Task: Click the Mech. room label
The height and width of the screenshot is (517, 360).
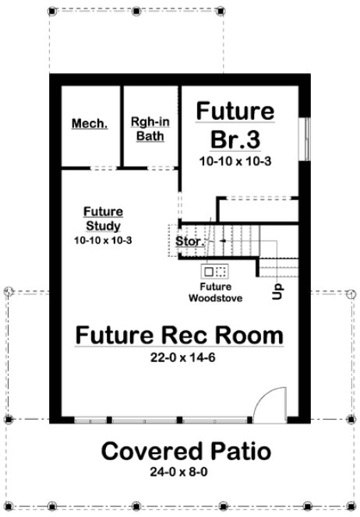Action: pyautogui.click(x=90, y=125)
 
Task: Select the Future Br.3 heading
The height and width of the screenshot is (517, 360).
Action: pyautogui.click(x=235, y=125)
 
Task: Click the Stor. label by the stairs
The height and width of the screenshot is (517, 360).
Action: pyautogui.click(x=190, y=241)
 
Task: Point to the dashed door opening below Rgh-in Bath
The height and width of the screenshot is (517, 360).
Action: pyautogui.click(x=161, y=167)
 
